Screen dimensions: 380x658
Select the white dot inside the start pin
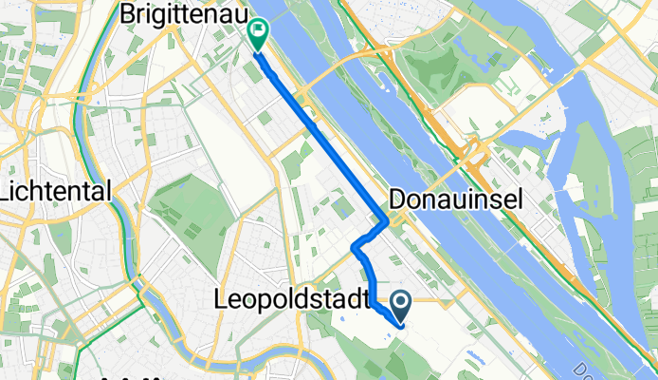pos(400,303)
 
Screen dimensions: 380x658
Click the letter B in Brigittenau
pos(129,15)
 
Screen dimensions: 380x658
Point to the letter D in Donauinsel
pos(398,199)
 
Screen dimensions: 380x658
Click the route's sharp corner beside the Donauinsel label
pos(387,223)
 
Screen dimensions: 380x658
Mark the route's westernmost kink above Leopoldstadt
pos(354,248)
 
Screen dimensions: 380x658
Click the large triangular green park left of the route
pos(190,209)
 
